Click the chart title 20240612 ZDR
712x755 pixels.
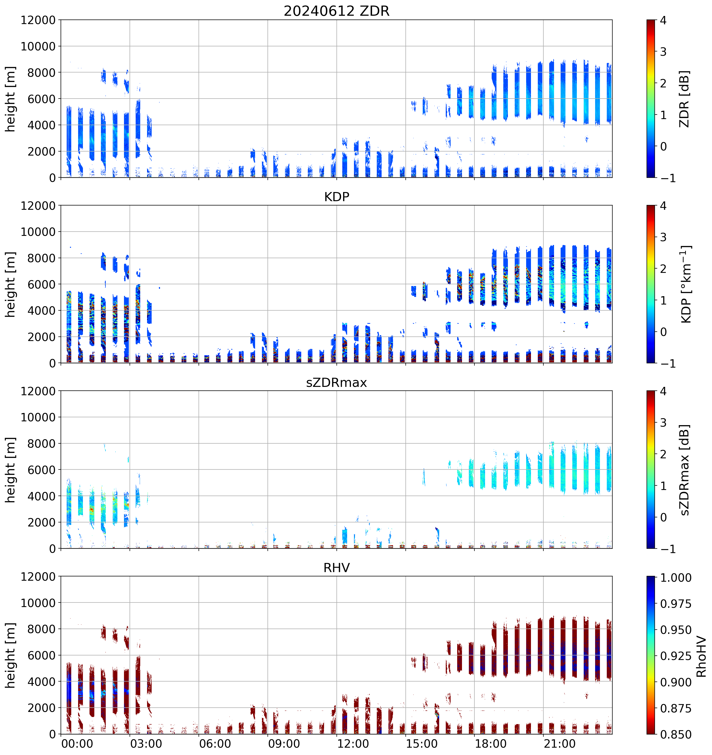336,11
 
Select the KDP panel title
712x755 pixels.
336,197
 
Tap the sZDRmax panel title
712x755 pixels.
336,382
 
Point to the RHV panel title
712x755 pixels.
336,568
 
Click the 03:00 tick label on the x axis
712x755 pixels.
146,744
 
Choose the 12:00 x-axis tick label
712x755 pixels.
353,744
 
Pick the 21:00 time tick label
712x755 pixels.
560,744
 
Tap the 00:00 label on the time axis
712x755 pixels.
77,744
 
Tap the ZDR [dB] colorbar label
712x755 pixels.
685,99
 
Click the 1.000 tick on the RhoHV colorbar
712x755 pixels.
675,578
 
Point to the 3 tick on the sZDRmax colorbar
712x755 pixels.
663,423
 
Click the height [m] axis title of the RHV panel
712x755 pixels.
11,655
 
